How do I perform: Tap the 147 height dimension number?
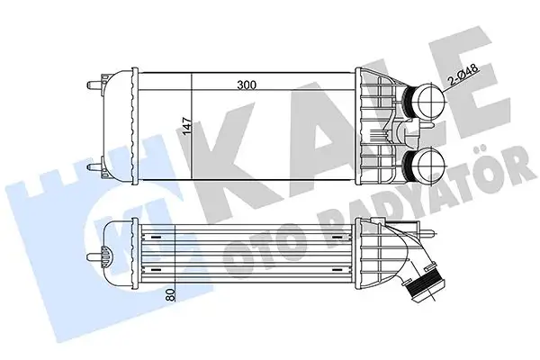pos(187,129)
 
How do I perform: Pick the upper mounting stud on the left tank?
pos(94,86)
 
